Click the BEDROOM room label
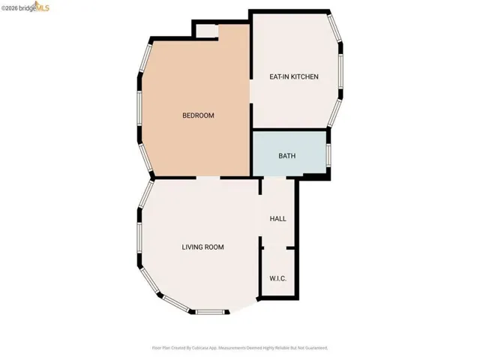199,115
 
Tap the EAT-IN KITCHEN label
294,76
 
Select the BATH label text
287,157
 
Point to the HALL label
277,219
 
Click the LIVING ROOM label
202,247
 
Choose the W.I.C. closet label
277,278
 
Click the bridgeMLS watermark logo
27,7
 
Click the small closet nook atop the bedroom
205,30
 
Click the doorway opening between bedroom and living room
208,178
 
